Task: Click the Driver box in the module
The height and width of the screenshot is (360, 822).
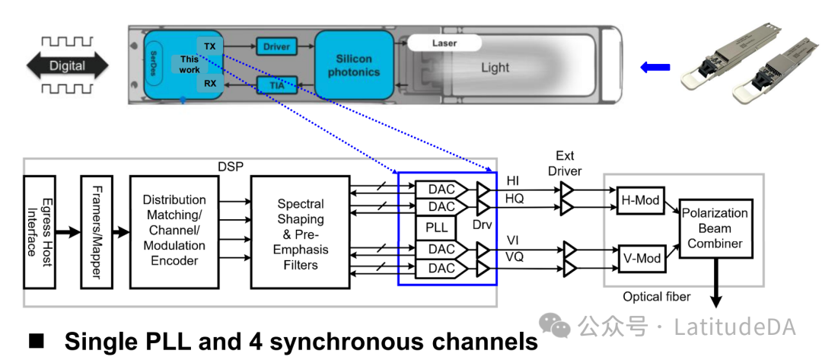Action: pos(276,47)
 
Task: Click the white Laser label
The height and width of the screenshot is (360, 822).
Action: pos(444,43)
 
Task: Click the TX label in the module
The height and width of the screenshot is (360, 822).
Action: pos(209,46)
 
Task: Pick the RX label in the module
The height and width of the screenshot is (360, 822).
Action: pos(209,84)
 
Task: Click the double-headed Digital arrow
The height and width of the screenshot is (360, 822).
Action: pos(67,66)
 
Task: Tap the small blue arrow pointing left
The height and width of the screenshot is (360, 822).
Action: pos(655,68)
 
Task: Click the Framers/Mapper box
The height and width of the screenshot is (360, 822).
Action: pos(95,231)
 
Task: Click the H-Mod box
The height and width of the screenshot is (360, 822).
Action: pos(639,199)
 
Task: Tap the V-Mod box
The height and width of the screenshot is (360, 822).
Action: pos(639,258)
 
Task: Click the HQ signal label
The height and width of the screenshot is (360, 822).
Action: pos(515,198)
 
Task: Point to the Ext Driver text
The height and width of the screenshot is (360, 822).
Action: pos(565,163)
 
